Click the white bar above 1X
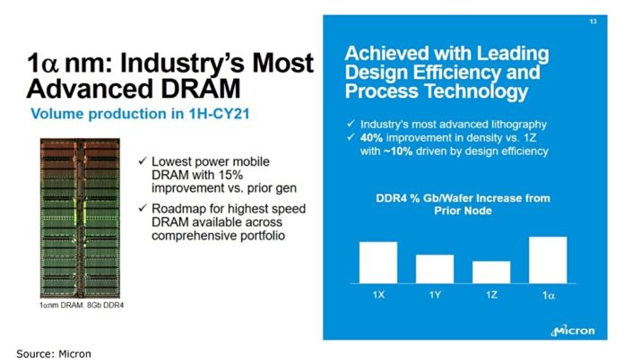pyautogui.click(x=377, y=261)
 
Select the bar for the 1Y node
pyautogui.click(x=434, y=267)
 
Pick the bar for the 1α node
pyautogui.click(x=548, y=259)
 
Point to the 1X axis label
pyautogui.click(x=377, y=294)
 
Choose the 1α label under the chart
pyautogui.click(x=548, y=294)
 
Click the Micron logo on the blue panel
pyautogui.click(x=573, y=329)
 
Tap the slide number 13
pyautogui.click(x=593, y=21)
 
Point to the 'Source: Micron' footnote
pyautogui.click(x=54, y=353)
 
